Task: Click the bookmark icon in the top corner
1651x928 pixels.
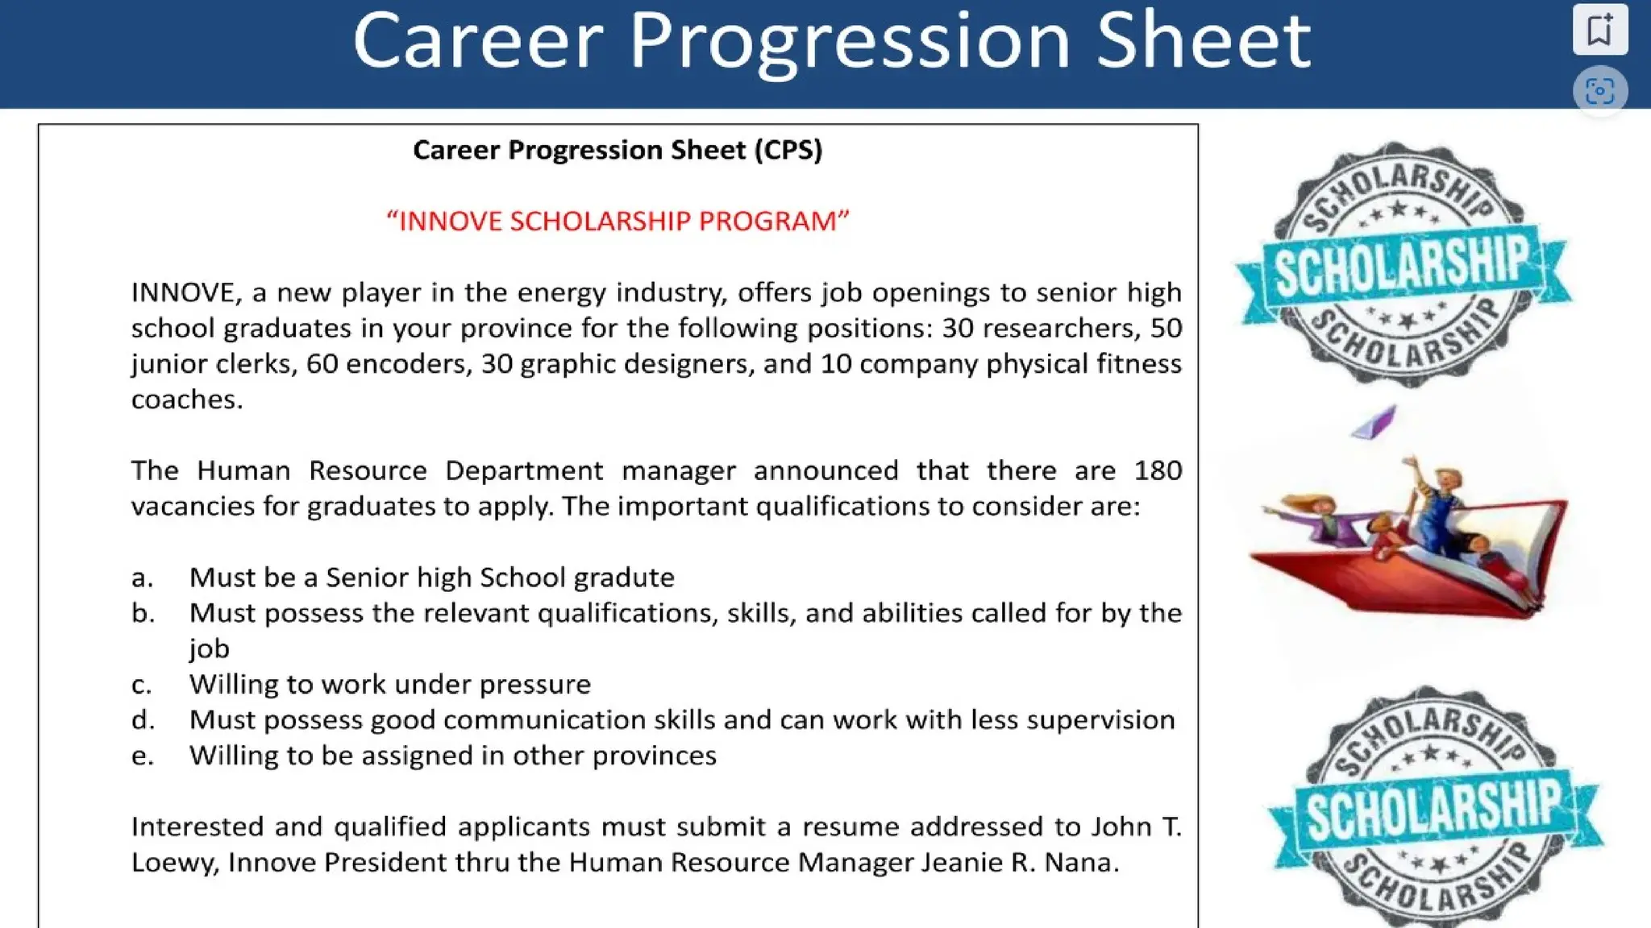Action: tap(1599, 30)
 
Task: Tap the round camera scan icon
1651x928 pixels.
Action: tap(1599, 90)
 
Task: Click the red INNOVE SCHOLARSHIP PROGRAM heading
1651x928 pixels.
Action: tap(618, 221)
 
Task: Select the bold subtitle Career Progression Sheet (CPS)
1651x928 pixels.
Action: tap(618, 150)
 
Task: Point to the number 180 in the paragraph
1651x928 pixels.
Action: tap(1158, 470)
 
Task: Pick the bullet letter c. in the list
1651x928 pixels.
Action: tap(142, 685)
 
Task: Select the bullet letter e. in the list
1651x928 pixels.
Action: tap(142, 756)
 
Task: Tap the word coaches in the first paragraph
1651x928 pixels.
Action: tap(185, 400)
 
